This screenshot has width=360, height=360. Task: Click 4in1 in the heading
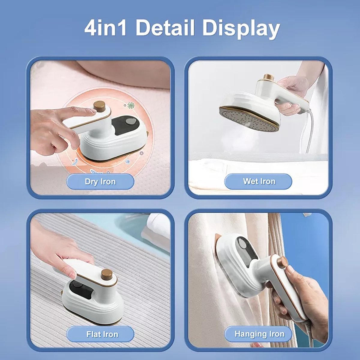point(105,29)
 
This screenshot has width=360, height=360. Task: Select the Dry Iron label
point(100,181)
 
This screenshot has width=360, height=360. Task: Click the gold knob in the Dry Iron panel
point(99,106)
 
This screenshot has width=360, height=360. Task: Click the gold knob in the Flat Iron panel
point(107,275)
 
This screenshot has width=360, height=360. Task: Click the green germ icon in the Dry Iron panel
point(131,105)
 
